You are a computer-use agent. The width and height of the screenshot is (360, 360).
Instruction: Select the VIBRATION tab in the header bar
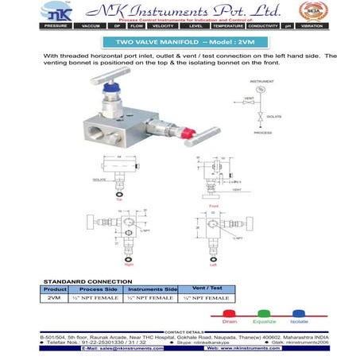[x=338, y=26]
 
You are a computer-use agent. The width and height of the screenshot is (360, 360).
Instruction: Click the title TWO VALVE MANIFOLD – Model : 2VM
[x=180, y=41]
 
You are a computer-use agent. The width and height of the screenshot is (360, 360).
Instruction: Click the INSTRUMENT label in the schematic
[x=263, y=80]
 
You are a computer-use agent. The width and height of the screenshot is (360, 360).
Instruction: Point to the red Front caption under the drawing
[x=212, y=205]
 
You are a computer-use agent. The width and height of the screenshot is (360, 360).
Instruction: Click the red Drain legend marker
[x=228, y=314]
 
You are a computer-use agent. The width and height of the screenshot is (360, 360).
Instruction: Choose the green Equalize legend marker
[x=263, y=314]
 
